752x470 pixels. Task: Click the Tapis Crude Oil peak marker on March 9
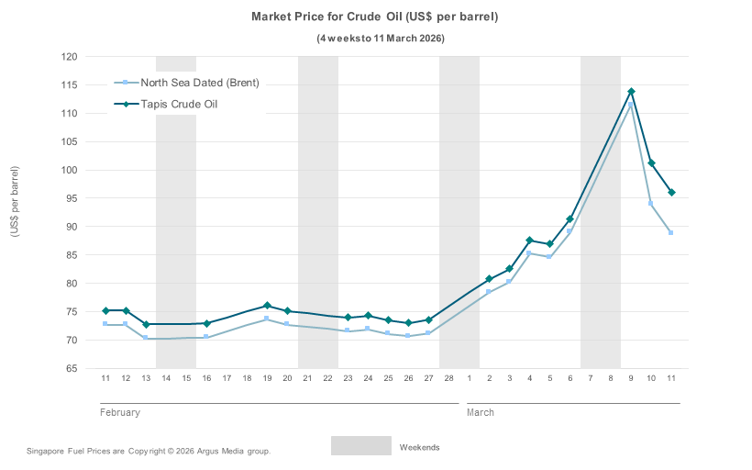tap(631, 92)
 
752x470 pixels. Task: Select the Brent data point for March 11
tap(671, 232)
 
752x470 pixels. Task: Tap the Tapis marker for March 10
tap(651, 163)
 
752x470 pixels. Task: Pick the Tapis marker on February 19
tap(267, 306)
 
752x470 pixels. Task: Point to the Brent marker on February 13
tap(146, 338)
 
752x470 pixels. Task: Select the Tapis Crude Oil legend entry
tap(179, 105)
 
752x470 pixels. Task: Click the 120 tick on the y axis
tap(70, 57)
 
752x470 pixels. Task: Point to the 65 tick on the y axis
tap(71, 369)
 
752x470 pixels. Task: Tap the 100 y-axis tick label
tap(70, 170)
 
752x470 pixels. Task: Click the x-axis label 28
tap(448, 378)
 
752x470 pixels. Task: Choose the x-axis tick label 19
tap(267, 378)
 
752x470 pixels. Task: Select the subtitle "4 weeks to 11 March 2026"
tap(381, 39)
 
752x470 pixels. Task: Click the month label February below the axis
tap(119, 413)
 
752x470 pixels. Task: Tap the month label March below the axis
tap(481, 413)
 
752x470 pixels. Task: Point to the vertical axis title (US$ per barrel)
tap(15, 201)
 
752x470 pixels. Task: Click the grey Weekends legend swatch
tap(360, 446)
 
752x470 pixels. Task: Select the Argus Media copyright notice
tap(149, 452)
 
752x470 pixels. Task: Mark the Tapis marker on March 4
tap(530, 241)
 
